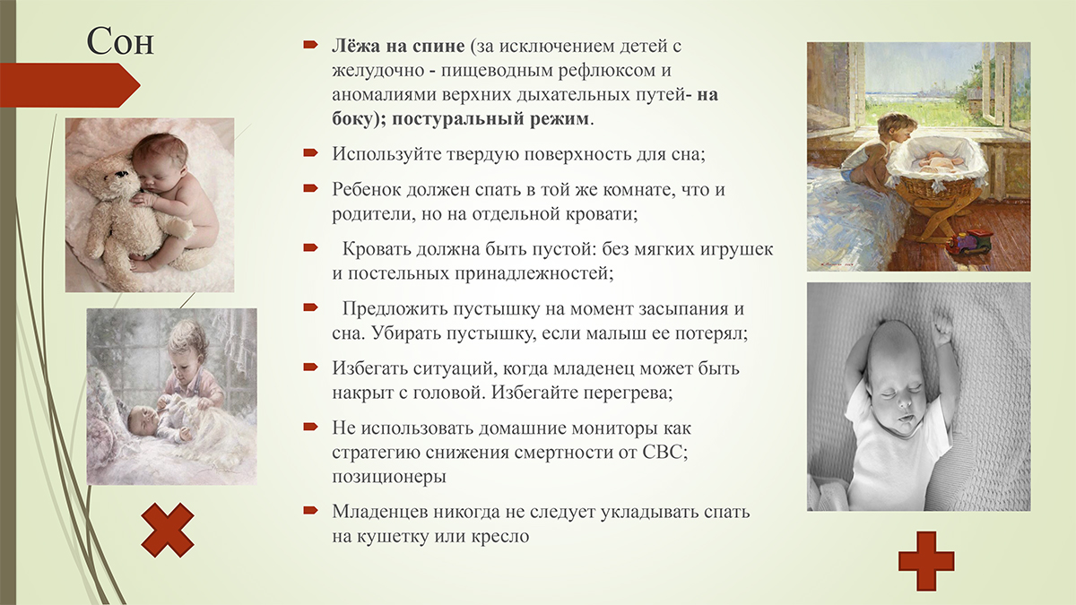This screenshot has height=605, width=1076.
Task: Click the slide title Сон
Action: [120, 41]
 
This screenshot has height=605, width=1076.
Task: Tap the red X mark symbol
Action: [168, 530]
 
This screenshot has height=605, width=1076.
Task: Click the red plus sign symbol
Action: [926, 561]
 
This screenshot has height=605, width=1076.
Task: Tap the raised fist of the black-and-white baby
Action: [942, 329]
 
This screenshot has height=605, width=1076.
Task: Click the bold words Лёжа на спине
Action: [398, 46]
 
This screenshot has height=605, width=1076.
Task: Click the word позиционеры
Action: [389, 477]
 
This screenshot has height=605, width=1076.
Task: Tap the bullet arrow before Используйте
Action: [310, 153]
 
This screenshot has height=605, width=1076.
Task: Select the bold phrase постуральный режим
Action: [490, 119]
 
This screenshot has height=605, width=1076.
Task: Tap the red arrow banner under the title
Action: [70, 85]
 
